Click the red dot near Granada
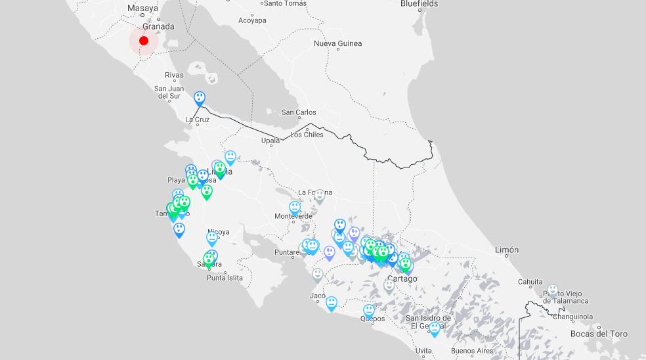(x=144, y=41)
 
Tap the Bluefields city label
(x=419, y=4)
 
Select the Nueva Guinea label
(x=337, y=44)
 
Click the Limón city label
(x=506, y=250)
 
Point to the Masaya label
(x=142, y=9)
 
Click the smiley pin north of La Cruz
(x=200, y=99)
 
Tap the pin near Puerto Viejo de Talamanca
(x=553, y=290)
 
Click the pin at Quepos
(x=369, y=310)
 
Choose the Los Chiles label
(x=307, y=135)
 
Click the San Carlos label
(x=299, y=112)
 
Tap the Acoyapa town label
(x=252, y=20)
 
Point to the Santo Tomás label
(x=286, y=3)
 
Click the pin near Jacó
(x=332, y=302)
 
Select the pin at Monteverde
(x=295, y=208)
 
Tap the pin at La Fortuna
(x=319, y=195)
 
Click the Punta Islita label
(x=225, y=278)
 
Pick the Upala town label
(x=270, y=141)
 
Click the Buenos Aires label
(x=471, y=351)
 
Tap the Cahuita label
(x=530, y=282)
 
